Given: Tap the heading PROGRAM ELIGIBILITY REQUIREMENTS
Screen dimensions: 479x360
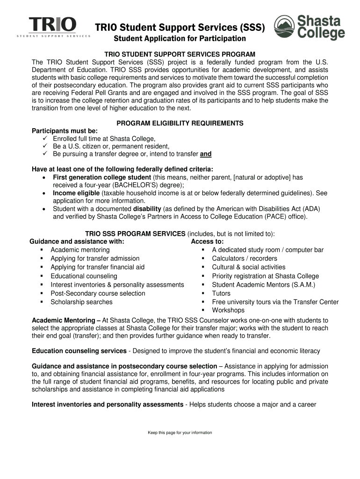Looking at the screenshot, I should [180, 123].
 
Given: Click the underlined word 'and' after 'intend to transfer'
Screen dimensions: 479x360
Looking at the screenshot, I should [206, 154].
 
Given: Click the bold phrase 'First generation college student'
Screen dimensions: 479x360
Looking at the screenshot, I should [102, 177].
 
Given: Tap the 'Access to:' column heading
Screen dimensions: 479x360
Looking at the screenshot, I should [207, 241].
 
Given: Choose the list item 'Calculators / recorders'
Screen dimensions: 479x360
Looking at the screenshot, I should [244, 259].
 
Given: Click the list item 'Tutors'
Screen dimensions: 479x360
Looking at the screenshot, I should [221, 293].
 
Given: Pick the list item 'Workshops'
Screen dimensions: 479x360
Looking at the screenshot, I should [228, 310].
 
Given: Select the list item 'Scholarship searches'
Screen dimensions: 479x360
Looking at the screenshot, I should [81, 302].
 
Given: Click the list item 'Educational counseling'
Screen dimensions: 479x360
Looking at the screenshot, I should [84, 276].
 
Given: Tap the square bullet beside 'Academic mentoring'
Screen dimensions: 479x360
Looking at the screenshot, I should [42, 250].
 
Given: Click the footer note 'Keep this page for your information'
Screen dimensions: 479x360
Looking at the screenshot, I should [180, 433].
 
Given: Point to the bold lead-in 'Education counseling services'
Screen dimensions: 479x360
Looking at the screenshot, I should [79, 351].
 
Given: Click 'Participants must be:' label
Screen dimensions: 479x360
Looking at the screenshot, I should [65, 131].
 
